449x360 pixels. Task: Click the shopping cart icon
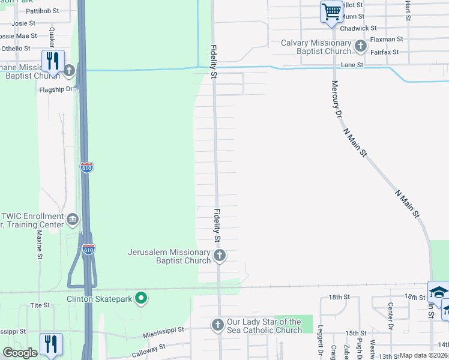(331, 12)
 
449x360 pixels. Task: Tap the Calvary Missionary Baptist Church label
(316, 47)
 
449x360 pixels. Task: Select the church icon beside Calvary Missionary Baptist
(360, 46)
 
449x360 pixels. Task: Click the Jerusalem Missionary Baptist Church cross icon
(220, 257)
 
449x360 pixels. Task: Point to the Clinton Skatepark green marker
(141, 297)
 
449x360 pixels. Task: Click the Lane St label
(352, 65)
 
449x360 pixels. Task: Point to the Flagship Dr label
(55, 89)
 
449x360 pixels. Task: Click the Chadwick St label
(358, 28)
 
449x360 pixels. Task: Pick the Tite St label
(40, 305)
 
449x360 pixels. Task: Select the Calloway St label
(148, 348)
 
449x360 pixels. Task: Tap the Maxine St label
(40, 246)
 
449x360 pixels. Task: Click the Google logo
(20, 353)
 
